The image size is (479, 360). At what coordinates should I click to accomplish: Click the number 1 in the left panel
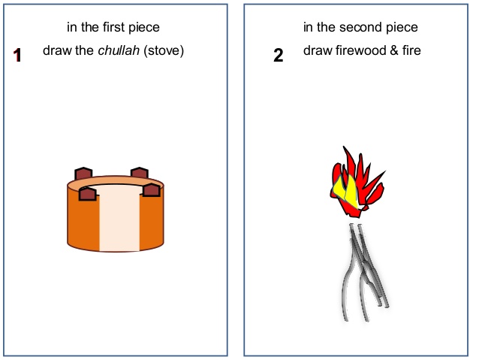coord(17,56)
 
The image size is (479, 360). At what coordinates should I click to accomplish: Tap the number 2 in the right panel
coord(279,56)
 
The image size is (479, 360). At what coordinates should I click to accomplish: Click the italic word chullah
coord(119,50)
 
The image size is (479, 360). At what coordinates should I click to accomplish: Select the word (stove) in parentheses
coord(164,50)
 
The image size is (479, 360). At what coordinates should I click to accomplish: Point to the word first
coord(113,27)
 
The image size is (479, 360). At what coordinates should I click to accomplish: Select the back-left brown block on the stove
coord(83,173)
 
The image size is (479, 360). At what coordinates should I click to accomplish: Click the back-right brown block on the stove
coord(140,173)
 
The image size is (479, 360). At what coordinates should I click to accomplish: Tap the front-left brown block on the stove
coord(88,194)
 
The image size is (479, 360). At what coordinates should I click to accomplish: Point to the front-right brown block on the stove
coord(151,190)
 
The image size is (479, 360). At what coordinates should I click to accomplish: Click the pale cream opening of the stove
coord(119,220)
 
